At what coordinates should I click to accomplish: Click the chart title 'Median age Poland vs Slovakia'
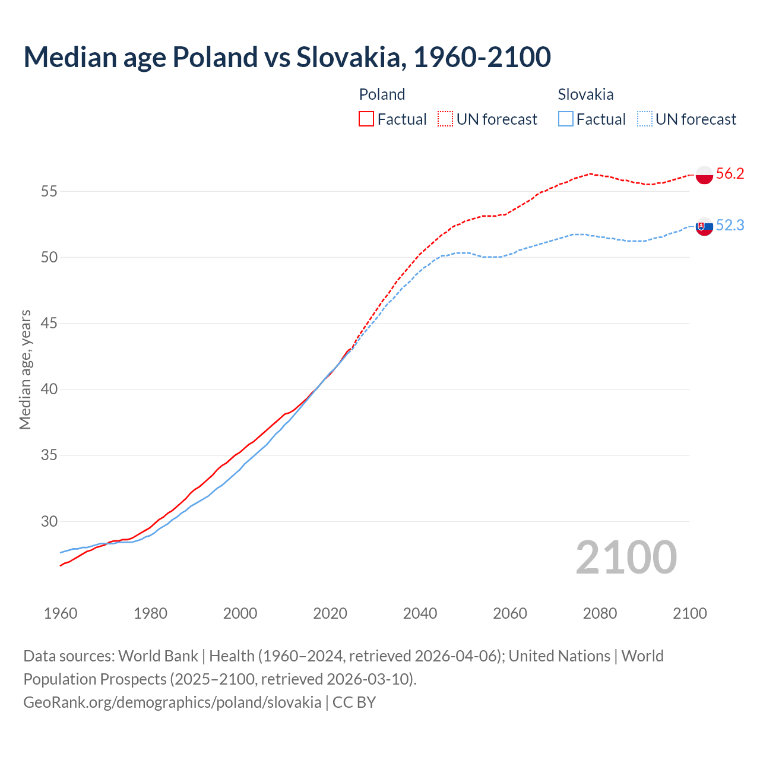[x=287, y=57]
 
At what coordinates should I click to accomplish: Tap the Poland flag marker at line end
[x=704, y=175]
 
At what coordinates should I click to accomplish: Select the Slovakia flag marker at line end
[x=704, y=226]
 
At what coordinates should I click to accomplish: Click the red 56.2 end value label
[x=730, y=173]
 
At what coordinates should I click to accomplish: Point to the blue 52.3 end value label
[x=730, y=225]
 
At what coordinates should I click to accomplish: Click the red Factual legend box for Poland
[x=366, y=119]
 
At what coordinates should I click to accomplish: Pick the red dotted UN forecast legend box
[x=445, y=119]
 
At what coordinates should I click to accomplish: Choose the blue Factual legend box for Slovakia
[x=566, y=119]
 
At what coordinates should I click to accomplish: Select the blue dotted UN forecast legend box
[x=644, y=119]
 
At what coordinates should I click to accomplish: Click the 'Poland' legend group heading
[x=382, y=94]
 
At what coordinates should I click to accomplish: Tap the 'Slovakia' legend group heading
[x=585, y=94]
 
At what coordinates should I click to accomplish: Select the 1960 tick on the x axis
[x=61, y=613]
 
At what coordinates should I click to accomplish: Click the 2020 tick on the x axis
[x=330, y=613]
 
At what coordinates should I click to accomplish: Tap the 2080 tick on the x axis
[x=600, y=613]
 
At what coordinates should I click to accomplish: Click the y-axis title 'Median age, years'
[x=25, y=369]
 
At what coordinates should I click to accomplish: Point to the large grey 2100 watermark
[x=626, y=557]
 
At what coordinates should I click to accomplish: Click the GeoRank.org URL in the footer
[x=172, y=702]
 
